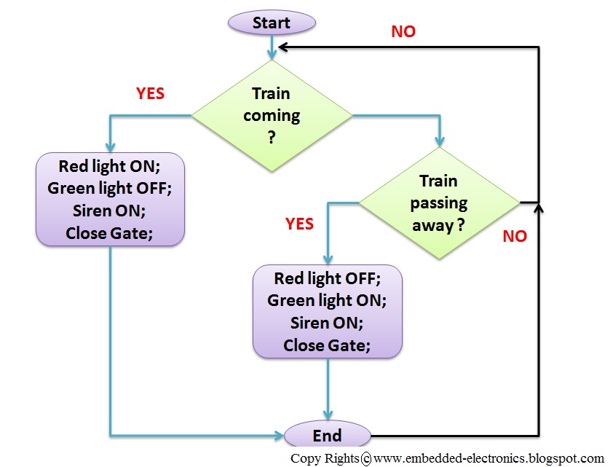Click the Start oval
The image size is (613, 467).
(272, 23)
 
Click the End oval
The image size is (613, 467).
(327, 436)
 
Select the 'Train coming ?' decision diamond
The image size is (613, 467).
(272, 115)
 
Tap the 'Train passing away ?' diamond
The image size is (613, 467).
(440, 203)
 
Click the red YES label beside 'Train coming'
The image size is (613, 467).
(150, 94)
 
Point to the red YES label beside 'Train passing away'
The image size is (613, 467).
(299, 224)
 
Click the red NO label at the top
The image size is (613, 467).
(403, 31)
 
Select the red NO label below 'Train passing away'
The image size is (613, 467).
(515, 236)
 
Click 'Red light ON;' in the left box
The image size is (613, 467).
(109, 165)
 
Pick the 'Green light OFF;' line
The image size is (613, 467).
(109, 188)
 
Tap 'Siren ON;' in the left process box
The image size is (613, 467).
(109, 211)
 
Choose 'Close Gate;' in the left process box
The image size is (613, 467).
(109, 233)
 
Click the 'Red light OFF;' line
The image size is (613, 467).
(327, 278)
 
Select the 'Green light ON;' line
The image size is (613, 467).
(327, 300)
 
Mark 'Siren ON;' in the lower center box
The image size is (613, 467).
(327, 322)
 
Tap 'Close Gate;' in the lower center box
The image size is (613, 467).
(327, 345)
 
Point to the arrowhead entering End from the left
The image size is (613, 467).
(278, 436)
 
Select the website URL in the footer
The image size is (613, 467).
(488, 459)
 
